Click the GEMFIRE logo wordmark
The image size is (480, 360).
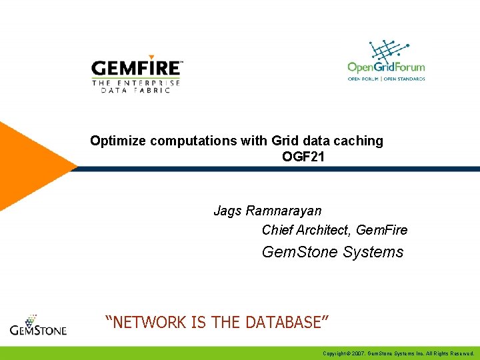click(136, 67)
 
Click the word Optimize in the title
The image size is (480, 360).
click(119, 141)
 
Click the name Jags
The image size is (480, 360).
click(228, 211)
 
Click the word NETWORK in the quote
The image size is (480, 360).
click(147, 323)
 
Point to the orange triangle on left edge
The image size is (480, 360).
click(27, 167)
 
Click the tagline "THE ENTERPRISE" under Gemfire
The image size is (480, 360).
click(136, 82)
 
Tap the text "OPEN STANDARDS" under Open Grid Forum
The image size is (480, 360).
click(405, 78)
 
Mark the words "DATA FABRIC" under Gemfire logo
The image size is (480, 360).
click(136, 90)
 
